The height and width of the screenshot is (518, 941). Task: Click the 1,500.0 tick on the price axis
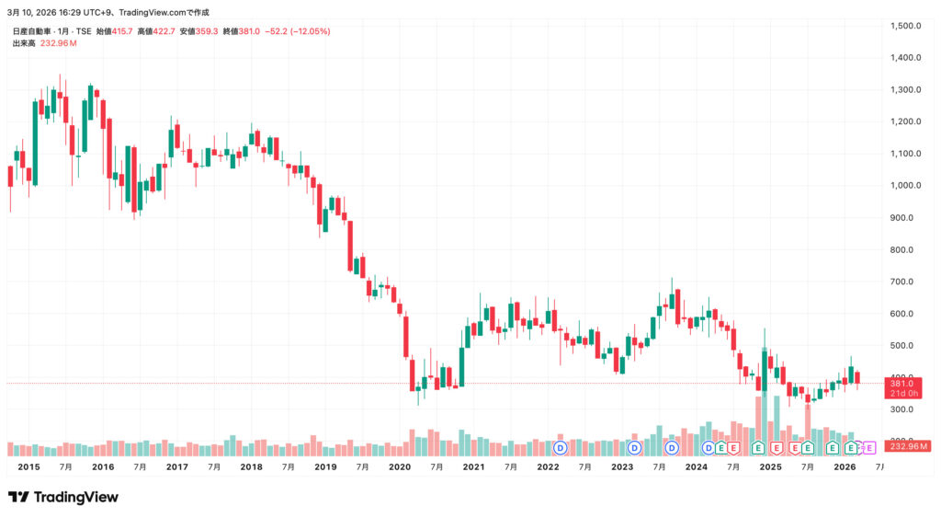click(906, 26)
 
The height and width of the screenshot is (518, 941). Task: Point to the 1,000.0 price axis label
click(906, 185)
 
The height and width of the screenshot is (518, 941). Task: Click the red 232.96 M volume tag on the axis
click(908, 446)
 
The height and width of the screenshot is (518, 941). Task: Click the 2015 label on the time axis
click(28, 467)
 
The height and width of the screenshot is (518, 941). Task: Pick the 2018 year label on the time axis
click(251, 467)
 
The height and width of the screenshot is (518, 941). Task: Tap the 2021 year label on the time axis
click(473, 467)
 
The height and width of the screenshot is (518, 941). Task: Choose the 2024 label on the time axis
click(696, 467)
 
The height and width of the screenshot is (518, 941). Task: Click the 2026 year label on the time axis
click(845, 467)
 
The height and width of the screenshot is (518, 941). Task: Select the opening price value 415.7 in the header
click(121, 31)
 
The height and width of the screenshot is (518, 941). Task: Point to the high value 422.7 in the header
click(166, 31)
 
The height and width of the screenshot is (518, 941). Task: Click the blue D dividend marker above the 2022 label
click(560, 448)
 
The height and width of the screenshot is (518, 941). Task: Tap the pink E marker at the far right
click(869, 448)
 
